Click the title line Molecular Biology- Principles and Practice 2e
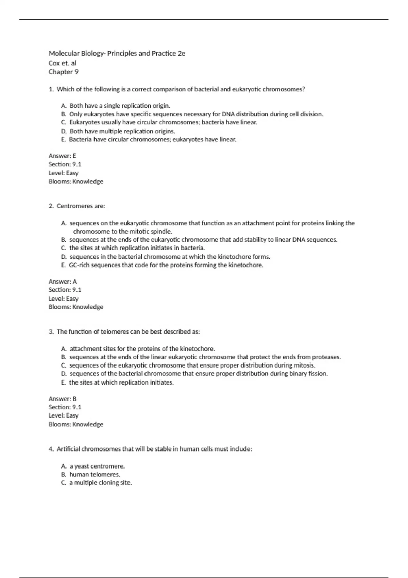117,53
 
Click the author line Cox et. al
63,63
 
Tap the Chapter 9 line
64,72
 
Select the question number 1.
51,89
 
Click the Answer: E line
63,156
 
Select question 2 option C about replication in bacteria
137,248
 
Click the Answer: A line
63,282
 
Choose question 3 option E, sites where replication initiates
121,382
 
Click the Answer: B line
63,399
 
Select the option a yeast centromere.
97,466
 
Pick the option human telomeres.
95,474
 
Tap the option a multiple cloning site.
101,483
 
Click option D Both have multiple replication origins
122,131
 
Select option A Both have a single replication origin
120,106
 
